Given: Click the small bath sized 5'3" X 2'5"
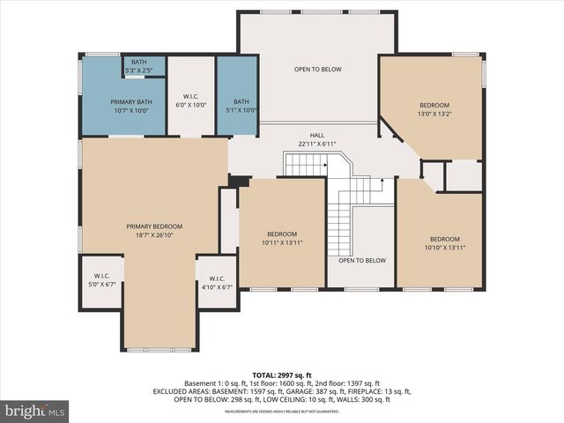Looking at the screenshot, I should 139,65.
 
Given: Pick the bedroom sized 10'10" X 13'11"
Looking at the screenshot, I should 444,243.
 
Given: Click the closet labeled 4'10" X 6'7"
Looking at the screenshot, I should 217,282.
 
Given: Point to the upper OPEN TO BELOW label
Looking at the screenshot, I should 317,69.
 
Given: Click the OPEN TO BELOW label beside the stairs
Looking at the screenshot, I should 362,260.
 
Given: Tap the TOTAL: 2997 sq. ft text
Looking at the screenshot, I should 282,375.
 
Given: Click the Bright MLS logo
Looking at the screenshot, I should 35,411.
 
